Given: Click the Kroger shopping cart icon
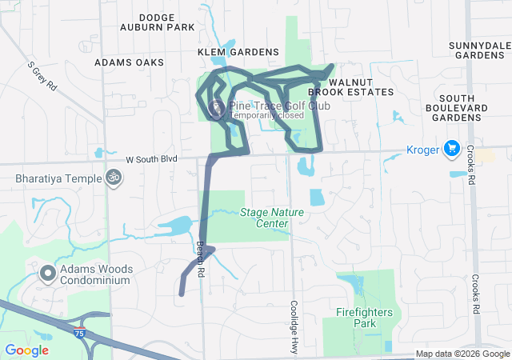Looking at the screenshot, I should pyautogui.click(x=451, y=148).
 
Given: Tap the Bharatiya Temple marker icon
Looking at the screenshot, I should pyautogui.click(x=114, y=178).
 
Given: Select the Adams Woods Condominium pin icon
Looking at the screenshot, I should pyautogui.click(x=48, y=274).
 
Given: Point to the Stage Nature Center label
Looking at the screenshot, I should pyautogui.click(x=264, y=218).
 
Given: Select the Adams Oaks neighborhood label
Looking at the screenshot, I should pyautogui.click(x=129, y=62).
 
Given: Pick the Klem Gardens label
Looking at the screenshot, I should pyautogui.click(x=238, y=52).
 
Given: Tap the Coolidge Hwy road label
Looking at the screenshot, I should pyautogui.click(x=294, y=328).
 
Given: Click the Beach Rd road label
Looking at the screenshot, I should pyautogui.click(x=201, y=259).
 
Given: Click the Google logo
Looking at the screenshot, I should pyautogui.click(x=27, y=350).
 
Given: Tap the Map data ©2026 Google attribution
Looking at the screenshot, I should pyautogui.click(x=462, y=354).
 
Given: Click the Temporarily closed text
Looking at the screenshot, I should pyautogui.click(x=266, y=115).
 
